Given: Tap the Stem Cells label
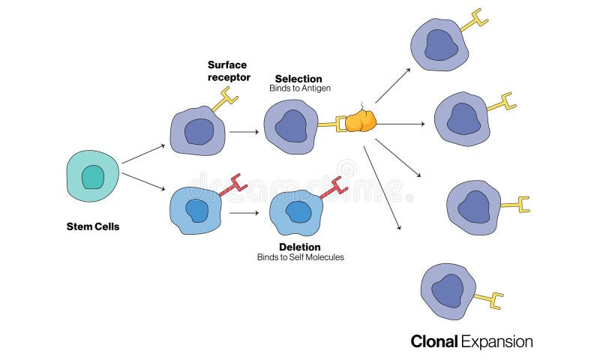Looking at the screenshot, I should (93, 226).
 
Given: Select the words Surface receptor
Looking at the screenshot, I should (229, 70).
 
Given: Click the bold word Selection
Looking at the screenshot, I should (298, 79).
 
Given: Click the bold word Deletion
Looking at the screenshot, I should (300, 247).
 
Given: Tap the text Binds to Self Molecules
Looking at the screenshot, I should (300, 257).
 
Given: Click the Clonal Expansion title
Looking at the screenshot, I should (472, 341).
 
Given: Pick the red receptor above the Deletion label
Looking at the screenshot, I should (331, 187).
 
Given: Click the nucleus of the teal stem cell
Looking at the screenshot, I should (93, 177).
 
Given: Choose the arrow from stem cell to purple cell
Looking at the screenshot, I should (143, 153).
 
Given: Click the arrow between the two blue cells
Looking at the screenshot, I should (244, 213).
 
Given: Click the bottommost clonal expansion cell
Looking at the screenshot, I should (448, 291).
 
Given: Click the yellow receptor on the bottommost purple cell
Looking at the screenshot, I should (489, 301).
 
